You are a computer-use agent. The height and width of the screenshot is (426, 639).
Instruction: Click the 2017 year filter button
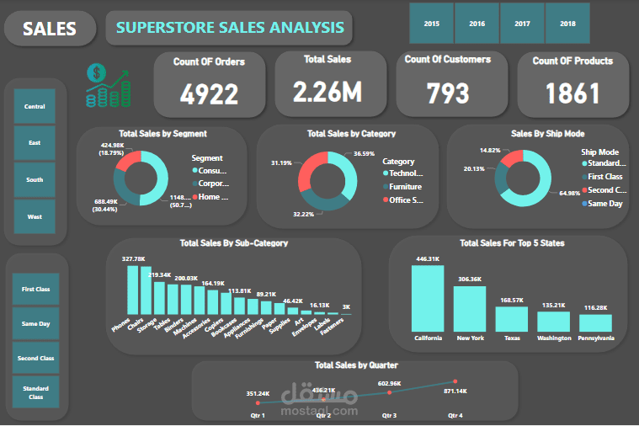(522, 24)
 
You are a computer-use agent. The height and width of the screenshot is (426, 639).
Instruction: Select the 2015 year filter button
(432, 24)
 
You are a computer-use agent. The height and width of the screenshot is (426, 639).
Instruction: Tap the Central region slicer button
(35, 107)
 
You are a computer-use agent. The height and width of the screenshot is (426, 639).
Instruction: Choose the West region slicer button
(35, 216)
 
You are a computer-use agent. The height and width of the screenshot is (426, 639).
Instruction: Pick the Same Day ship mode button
(35, 323)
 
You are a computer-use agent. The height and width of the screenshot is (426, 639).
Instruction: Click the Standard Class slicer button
(35, 391)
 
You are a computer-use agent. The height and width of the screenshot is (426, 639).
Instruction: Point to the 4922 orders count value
(210, 94)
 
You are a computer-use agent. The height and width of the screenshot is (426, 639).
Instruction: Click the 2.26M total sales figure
(328, 91)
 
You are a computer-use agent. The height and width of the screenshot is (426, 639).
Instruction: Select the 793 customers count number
(447, 93)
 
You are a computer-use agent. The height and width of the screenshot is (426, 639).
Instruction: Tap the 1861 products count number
(572, 93)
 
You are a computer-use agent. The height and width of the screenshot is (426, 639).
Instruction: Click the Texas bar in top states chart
(511, 318)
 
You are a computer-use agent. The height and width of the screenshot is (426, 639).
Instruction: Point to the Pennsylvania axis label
(595, 338)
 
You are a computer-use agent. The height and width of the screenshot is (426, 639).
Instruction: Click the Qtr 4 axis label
(455, 416)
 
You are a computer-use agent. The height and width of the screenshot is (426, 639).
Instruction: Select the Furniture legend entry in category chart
(405, 187)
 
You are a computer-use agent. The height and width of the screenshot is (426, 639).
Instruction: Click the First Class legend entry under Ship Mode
(604, 177)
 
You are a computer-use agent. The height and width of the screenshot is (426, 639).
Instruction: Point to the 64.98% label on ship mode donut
(571, 194)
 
